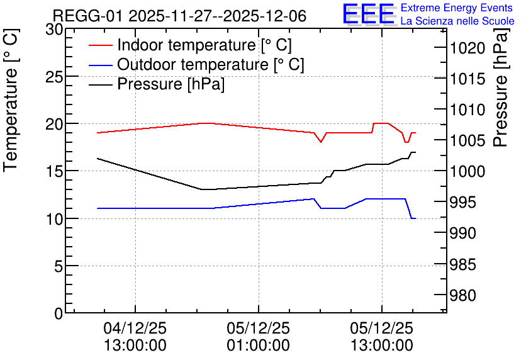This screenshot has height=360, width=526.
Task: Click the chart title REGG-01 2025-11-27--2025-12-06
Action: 179,16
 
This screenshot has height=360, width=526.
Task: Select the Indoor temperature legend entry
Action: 190,45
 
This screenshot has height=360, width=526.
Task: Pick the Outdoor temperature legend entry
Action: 196,64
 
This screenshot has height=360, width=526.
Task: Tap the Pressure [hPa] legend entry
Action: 157,84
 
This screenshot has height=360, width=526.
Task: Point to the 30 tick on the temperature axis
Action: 54,30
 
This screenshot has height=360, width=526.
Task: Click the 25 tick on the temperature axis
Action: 54,77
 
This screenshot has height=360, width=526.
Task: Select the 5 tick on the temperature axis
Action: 59,266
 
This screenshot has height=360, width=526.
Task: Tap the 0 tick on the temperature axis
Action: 59,314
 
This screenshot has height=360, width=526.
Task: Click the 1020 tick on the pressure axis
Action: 467,48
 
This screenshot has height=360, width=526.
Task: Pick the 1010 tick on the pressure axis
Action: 467,110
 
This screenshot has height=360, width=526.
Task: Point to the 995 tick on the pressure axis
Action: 462,202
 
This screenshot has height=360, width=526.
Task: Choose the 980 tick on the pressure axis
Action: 462,296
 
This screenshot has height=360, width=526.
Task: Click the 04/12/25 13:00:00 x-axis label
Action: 135,337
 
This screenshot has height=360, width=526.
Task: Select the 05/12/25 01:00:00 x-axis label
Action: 259,337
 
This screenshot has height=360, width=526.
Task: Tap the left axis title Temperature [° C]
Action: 11,100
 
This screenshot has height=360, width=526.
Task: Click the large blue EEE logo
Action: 369,14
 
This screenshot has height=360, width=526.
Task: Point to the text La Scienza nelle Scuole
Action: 457,21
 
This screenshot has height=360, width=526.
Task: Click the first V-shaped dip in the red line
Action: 321,142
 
